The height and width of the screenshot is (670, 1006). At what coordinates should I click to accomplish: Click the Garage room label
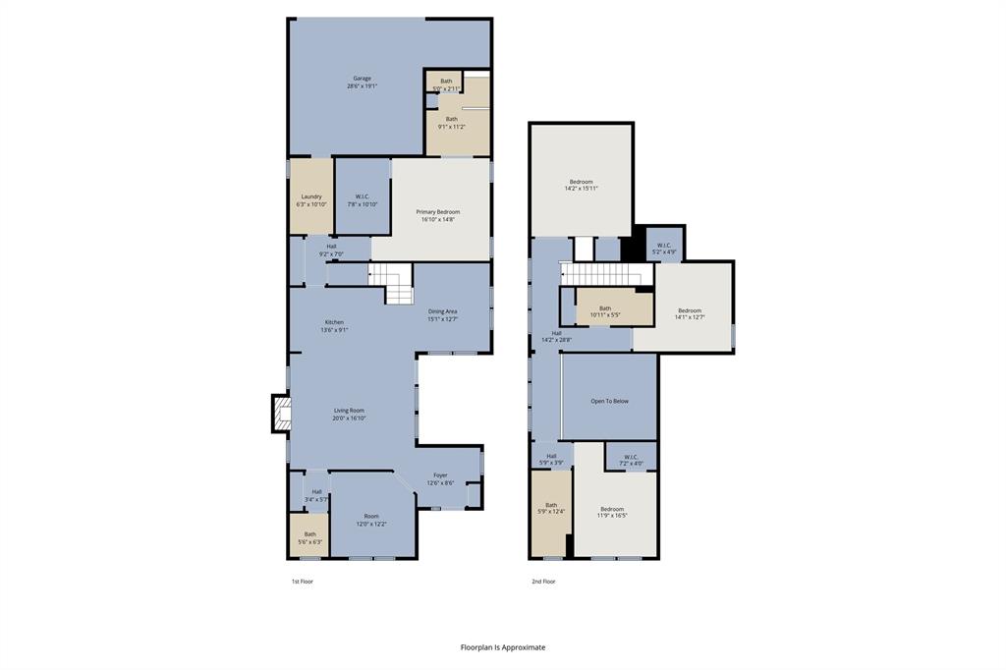[x=362, y=83]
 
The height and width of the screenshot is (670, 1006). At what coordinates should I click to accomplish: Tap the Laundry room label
[x=310, y=200]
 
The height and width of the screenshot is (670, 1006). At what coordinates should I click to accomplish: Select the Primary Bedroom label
[x=437, y=215]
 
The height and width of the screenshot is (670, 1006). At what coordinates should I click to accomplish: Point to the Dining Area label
[x=442, y=315]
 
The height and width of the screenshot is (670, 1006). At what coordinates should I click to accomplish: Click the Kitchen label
[x=334, y=326]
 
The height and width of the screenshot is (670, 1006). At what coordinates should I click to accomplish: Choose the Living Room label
[x=349, y=414]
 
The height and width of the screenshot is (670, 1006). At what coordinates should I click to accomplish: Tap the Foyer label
[x=440, y=478]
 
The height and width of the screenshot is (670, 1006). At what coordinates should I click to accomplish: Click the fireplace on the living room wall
[x=281, y=414]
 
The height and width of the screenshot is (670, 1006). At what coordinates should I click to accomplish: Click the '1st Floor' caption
[x=302, y=582]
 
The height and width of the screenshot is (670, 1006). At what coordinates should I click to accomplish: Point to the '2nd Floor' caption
[x=543, y=582]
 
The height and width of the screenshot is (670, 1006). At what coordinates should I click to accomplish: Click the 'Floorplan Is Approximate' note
[x=503, y=647]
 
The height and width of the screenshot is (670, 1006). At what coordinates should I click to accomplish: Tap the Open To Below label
[x=609, y=401]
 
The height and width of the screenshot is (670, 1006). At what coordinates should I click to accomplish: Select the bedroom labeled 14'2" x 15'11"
[x=581, y=185]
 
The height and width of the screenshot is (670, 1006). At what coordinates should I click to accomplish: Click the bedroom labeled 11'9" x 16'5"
[x=612, y=512]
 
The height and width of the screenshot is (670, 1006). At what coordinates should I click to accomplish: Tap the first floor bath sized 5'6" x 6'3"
[x=309, y=537]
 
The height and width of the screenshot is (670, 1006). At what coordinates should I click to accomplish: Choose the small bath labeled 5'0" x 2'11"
[x=446, y=84]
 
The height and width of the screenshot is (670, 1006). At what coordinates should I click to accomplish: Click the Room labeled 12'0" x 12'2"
[x=371, y=520]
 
